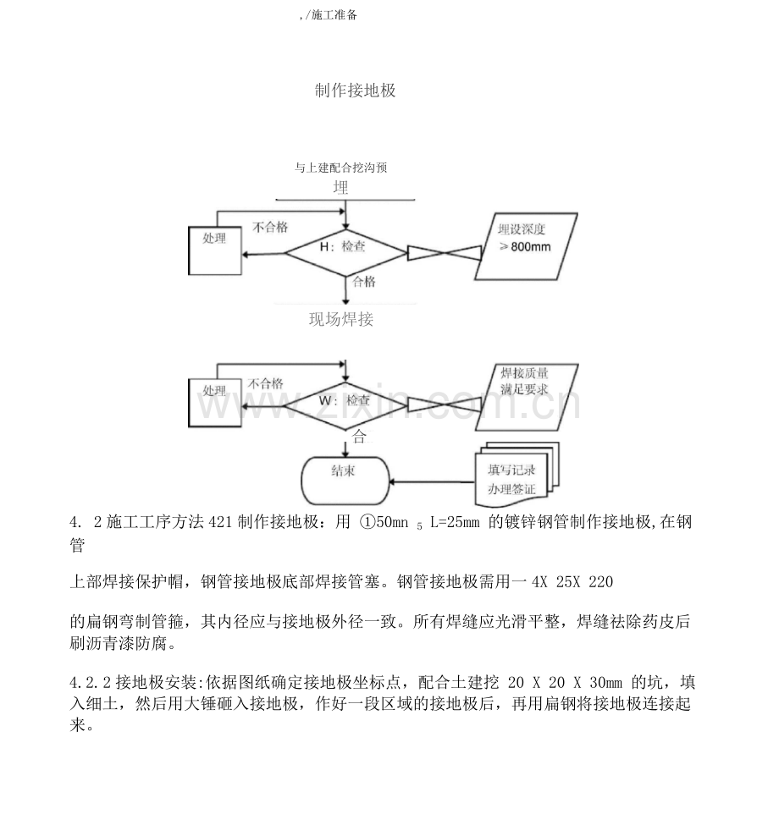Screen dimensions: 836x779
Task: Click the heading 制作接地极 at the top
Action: (x=355, y=91)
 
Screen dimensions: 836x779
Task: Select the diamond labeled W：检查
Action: (x=345, y=400)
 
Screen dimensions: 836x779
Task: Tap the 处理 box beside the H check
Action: (x=214, y=251)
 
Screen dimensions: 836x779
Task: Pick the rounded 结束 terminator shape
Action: (x=344, y=478)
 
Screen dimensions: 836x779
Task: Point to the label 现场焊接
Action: (x=341, y=320)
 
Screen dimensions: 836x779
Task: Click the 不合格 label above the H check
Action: (x=270, y=227)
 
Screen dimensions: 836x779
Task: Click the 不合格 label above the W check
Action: (x=266, y=382)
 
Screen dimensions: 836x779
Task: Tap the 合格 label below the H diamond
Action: (x=364, y=282)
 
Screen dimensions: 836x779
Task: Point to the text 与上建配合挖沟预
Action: (x=340, y=168)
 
